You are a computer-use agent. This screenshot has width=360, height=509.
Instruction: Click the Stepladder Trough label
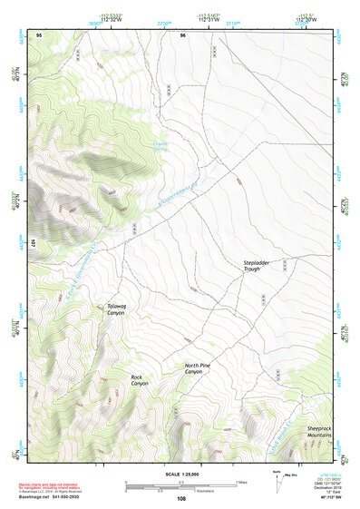[x=258, y=266]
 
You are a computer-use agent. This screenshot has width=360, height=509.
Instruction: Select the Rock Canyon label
[x=139, y=380]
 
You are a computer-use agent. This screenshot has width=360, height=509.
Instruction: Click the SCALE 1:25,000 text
[x=180, y=474]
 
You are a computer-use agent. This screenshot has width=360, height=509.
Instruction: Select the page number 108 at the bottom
[x=180, y=499]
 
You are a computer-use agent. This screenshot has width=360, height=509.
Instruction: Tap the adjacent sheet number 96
[x=183, y=34]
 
